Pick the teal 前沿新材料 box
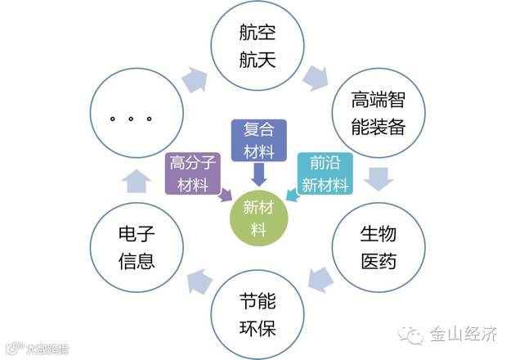click(325, 173)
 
